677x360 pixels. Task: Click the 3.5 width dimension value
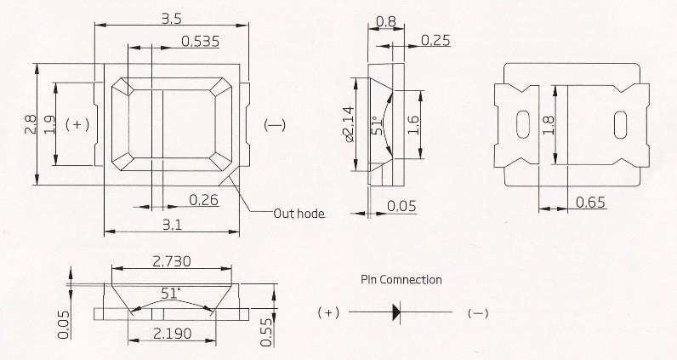(172, 19)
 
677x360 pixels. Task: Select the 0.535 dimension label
(201, 42)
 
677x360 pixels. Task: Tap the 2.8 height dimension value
(31, 124)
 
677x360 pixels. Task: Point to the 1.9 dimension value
(49, 124)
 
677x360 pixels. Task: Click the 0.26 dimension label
(204, 200)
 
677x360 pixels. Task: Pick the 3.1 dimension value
(172, 226)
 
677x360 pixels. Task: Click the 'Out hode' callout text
(299, 214)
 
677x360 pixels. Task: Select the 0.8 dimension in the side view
(386, 21)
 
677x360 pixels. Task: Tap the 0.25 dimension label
(435, 40)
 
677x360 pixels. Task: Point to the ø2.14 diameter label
(349, 124)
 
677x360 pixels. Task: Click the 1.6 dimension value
(413, 125)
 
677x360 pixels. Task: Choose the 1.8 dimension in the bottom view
(548, 125)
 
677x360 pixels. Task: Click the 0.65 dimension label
(590, 203)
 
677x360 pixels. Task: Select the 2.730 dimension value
(172, 261)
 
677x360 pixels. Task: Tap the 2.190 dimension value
(173, 334)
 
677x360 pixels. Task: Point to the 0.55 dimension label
(266, 332)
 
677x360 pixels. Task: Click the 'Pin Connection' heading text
(401, 280)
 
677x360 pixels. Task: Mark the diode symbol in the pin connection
(396, 311)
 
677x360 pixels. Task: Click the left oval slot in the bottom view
(523, 124)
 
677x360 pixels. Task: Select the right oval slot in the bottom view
(620, 125)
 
